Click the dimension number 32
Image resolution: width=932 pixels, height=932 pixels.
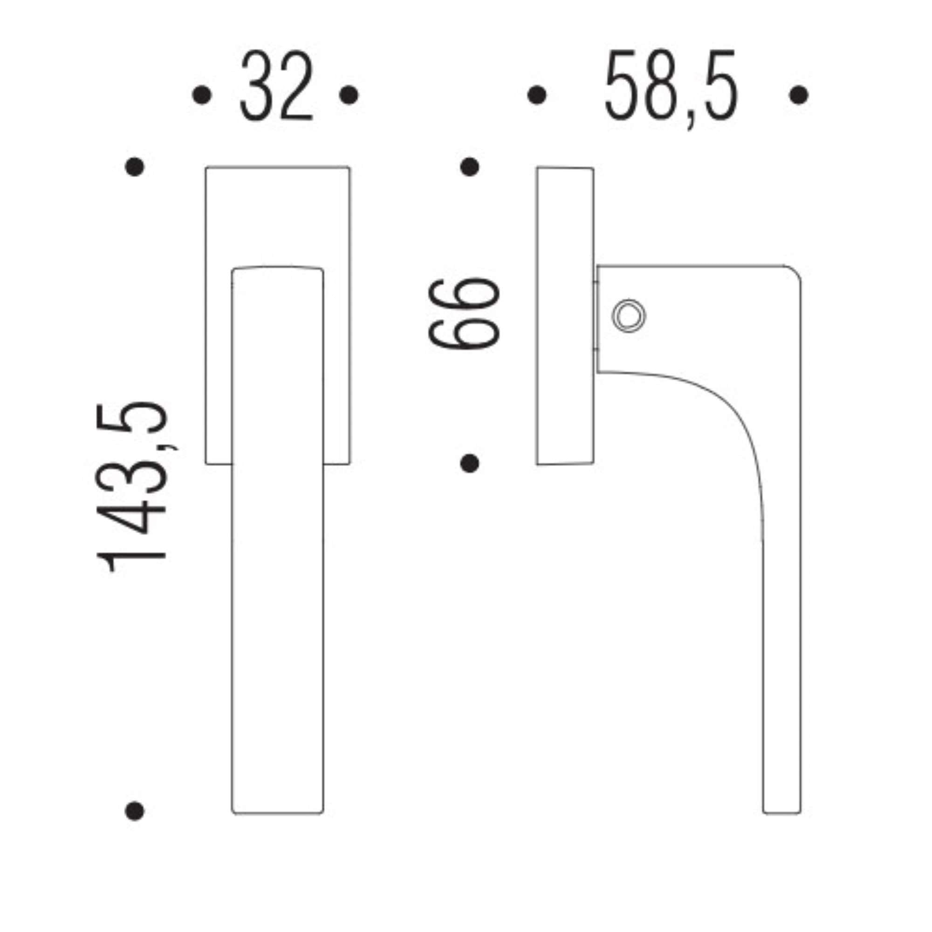[x=276, y=86]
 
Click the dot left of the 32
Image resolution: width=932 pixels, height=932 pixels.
[x=202, y=95]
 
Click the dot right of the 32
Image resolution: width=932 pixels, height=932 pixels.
[x=349, y=95]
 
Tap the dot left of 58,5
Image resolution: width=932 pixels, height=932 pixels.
[x=537, y=95]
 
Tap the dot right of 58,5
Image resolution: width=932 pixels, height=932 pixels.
[x=799, y=95]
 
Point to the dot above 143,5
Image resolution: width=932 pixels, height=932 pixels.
[x=135, y=167]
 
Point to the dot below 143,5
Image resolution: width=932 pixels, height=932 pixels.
[x=135, y=811]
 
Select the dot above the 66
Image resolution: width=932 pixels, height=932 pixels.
[x=469, y=167]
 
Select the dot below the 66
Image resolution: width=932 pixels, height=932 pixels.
[x=469, y=464]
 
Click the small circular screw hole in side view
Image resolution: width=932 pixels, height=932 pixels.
[x=628, y=316]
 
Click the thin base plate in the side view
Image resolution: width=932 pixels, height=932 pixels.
[x=565, y=316]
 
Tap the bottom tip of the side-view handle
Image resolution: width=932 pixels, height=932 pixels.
[x=782, y=811]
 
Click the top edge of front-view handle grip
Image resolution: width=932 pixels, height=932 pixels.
[x=277, y=267]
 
